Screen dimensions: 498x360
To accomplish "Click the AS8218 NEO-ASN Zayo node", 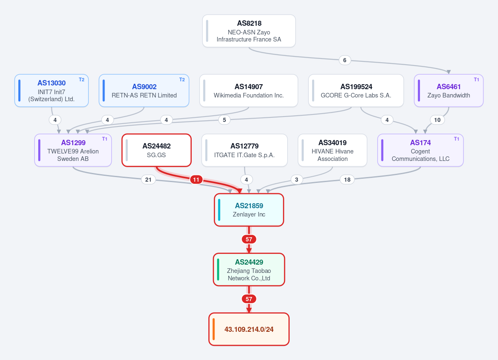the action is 249,31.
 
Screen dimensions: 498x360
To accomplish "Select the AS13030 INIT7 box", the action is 51,90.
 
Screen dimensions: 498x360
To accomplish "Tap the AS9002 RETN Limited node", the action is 144,90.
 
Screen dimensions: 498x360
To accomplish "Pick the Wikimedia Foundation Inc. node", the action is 249,90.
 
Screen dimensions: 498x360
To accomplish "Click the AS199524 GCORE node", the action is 356,90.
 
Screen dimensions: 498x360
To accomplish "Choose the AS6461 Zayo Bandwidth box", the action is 449,90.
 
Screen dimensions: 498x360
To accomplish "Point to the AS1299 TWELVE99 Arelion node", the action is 73,150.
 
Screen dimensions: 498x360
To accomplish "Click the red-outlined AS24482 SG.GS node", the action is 156,150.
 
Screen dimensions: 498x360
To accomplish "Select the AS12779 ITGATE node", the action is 244,150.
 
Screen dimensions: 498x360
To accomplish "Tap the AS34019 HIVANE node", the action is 332,150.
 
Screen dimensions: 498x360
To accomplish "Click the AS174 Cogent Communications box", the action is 420,150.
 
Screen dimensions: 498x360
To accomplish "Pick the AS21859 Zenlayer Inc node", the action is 249,210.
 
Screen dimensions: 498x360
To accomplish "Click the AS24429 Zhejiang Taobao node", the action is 249,269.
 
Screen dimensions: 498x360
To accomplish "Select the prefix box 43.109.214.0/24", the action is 249,329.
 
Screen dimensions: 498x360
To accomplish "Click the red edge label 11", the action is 196,180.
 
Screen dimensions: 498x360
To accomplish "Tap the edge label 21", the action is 148,180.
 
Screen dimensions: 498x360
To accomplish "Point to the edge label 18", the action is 347,180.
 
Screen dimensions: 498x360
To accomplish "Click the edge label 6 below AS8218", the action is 345,60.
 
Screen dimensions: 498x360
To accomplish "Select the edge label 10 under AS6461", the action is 437,120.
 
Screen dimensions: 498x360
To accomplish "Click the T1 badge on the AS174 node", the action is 456,139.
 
